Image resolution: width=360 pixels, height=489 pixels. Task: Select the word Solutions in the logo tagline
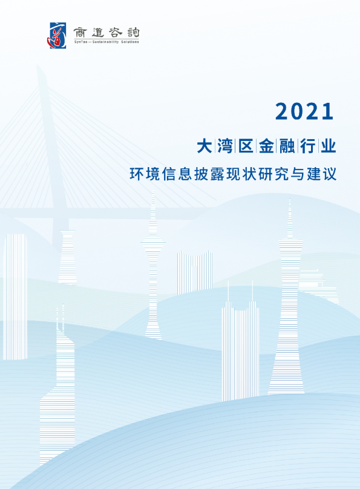click(131, 42)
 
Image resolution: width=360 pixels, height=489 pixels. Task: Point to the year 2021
click(304, 111)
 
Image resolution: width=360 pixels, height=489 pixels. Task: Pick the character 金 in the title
click(266, 146)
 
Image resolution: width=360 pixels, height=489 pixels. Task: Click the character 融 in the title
click(287, 146)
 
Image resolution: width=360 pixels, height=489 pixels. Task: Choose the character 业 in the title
click(327, 146)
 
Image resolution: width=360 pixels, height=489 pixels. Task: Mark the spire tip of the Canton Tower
click(290, 200)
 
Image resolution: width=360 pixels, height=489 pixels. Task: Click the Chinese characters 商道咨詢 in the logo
click(105, 30)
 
